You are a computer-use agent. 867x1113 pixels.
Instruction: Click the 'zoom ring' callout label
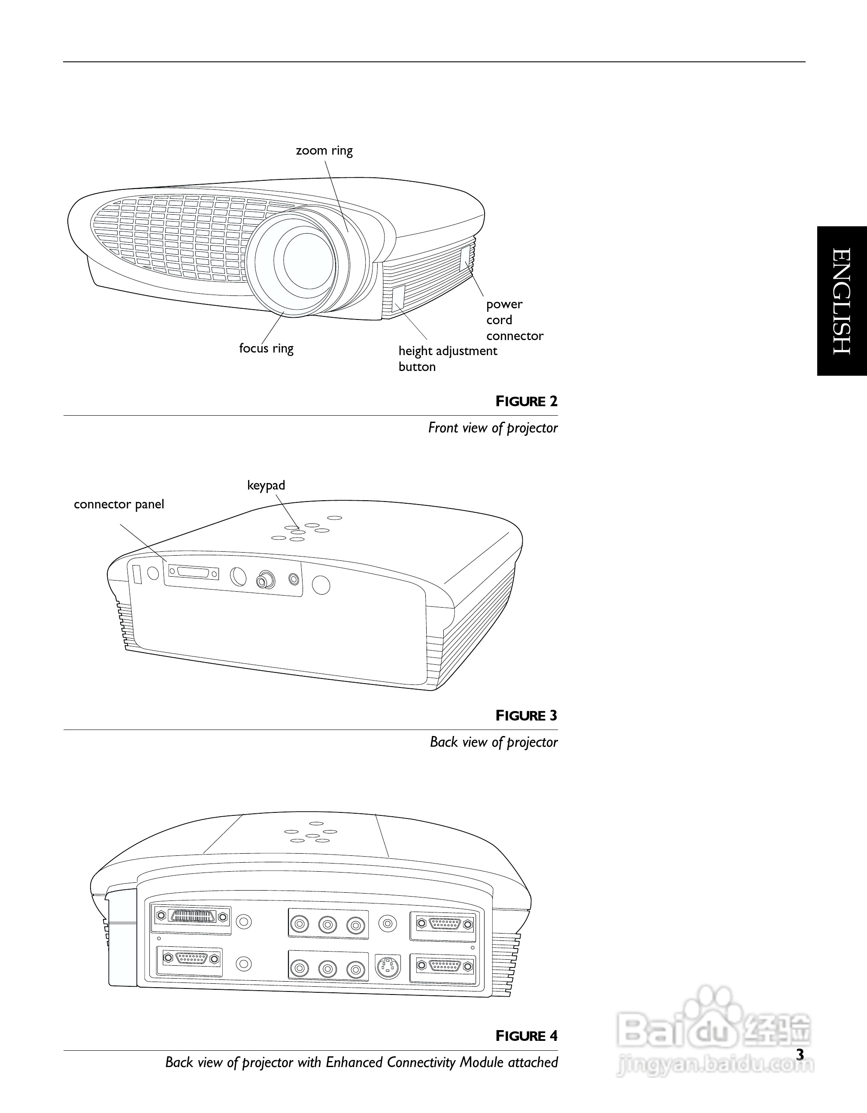pos(324,151)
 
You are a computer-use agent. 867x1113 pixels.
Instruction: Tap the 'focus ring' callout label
pos(267,349)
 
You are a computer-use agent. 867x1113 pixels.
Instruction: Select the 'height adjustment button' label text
pos(448,359)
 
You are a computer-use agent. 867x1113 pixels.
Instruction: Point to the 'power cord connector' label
pos(515,320)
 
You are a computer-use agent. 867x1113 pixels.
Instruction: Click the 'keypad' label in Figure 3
pos(266,486)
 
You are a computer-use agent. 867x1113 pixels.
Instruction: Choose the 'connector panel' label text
pos(119,505)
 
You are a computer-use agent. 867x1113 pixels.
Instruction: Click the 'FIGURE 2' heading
pos(527,401)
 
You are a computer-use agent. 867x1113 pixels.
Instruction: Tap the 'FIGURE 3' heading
pos(527,716)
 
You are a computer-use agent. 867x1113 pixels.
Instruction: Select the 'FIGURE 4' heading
pos(527,1037)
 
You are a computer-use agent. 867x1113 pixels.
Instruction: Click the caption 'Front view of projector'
pos(493,428)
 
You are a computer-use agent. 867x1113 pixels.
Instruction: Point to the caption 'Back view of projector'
pos(494,742)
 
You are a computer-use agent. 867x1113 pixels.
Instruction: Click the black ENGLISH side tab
pos(842,301)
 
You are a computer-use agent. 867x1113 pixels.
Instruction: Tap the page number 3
pos(800,1055)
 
